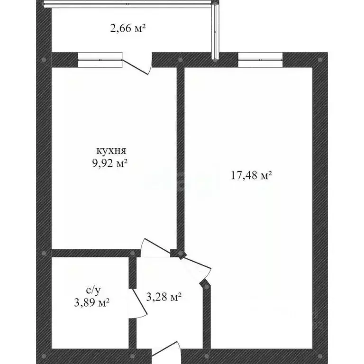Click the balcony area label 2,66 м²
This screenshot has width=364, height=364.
[127, 29]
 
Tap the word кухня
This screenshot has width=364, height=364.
[111, 151]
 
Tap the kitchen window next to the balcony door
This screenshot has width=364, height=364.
[100, 60]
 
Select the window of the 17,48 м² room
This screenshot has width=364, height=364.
[260, 60]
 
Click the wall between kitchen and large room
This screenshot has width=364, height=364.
[180, 156]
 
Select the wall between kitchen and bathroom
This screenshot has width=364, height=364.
[90, 253]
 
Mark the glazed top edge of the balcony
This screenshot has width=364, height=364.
[128, 3]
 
